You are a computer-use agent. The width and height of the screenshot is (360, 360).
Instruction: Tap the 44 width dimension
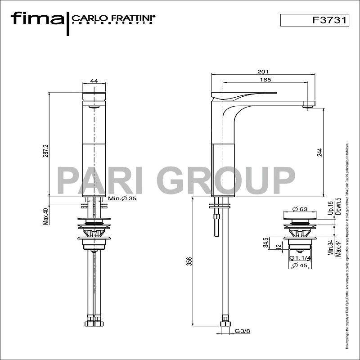pyautogui.click(x=94, y=81)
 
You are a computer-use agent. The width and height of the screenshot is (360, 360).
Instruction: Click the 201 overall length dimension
pyautogui.click(x=263, y=72)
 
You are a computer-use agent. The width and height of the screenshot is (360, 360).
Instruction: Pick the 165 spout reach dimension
pyautogui.click(x=265, y=80)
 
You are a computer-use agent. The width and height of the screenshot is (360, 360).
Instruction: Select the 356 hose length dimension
pyautogui.click(x=189, y=261)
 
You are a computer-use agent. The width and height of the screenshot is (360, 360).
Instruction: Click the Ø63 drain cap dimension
pyautogui.click(x=300, y=209)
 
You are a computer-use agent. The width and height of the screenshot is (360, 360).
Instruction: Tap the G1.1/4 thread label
pyautogui.click(x=300, y=258)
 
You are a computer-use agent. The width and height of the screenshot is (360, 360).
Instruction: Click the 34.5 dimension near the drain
pyautogui.click(x=266, y=243)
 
